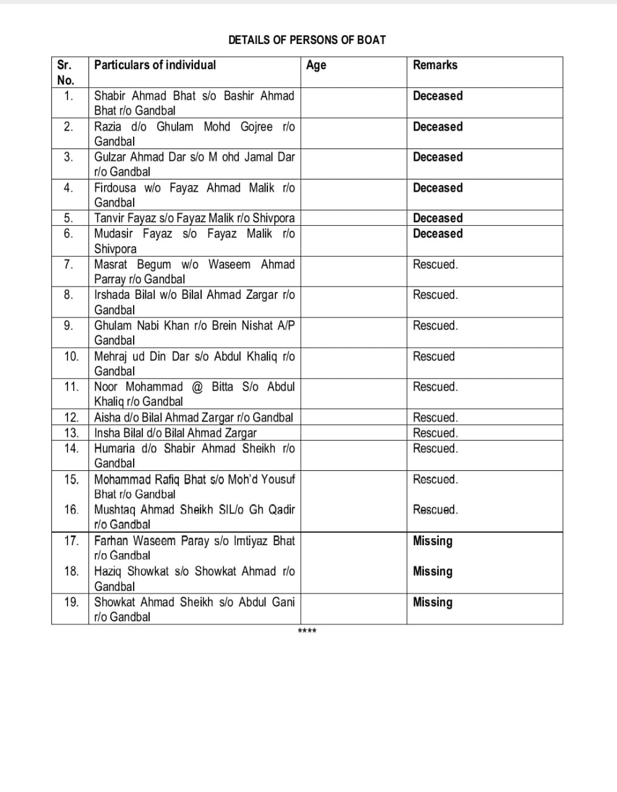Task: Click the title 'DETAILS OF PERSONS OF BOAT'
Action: coord(307,40)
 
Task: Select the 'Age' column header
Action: coord(316,66)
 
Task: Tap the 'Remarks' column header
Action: coord(435,65)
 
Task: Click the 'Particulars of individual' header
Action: coord(155,65)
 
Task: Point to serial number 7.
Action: coord(69,264)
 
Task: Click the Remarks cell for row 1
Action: coord(438,96)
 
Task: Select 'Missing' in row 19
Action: coord(433,602)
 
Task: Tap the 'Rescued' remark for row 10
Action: coord(434,356)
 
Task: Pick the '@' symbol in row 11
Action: coord(197,387)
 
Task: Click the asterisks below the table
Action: coord(307,631)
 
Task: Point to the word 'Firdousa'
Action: coord(115,187)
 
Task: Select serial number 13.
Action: coord(71,433)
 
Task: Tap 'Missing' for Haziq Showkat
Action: coord(433,571)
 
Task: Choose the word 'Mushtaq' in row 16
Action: coord(114,510)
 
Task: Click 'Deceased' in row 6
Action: coord(438,233)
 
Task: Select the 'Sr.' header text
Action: coord(64,65)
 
